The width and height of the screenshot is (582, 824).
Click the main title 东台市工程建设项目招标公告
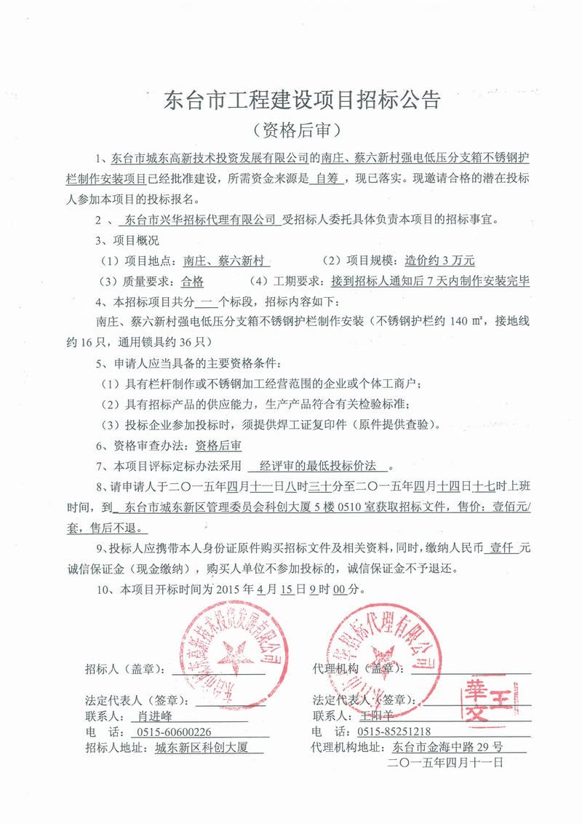click(x=303, y=100)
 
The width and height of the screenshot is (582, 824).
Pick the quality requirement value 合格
click(x=192, y=281)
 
